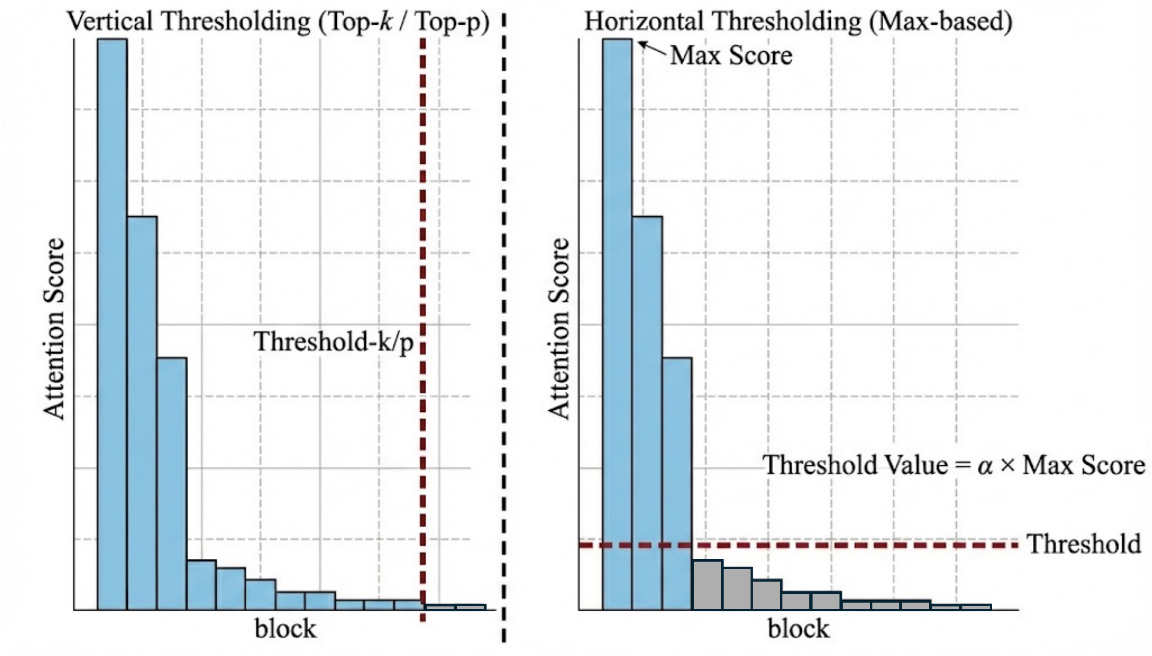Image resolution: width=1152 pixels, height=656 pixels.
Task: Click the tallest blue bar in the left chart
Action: pos(112,323)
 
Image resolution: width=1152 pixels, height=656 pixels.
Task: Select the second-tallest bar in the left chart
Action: pos(142,413)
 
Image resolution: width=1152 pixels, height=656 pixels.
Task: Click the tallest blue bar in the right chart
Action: pos(617,323)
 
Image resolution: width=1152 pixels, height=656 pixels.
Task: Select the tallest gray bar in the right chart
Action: pos(707,585)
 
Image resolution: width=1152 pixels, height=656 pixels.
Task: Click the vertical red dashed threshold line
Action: pos(423,216)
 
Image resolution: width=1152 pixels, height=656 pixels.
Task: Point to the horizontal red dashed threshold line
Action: pos(862,545)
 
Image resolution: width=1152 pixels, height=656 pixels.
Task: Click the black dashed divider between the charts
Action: pos(504,323)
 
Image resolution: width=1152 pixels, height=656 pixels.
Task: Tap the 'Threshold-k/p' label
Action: pos(334,342)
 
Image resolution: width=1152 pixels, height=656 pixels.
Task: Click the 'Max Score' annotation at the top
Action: pos(731,56)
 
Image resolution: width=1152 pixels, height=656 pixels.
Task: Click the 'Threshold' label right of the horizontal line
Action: pos(1083,544)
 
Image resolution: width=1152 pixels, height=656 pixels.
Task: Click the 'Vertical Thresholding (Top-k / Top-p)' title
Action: pos(278,22)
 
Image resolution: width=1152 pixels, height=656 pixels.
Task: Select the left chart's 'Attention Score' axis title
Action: pos(54,329)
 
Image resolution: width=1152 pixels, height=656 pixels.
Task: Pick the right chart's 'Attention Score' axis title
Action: pos(559,329)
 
